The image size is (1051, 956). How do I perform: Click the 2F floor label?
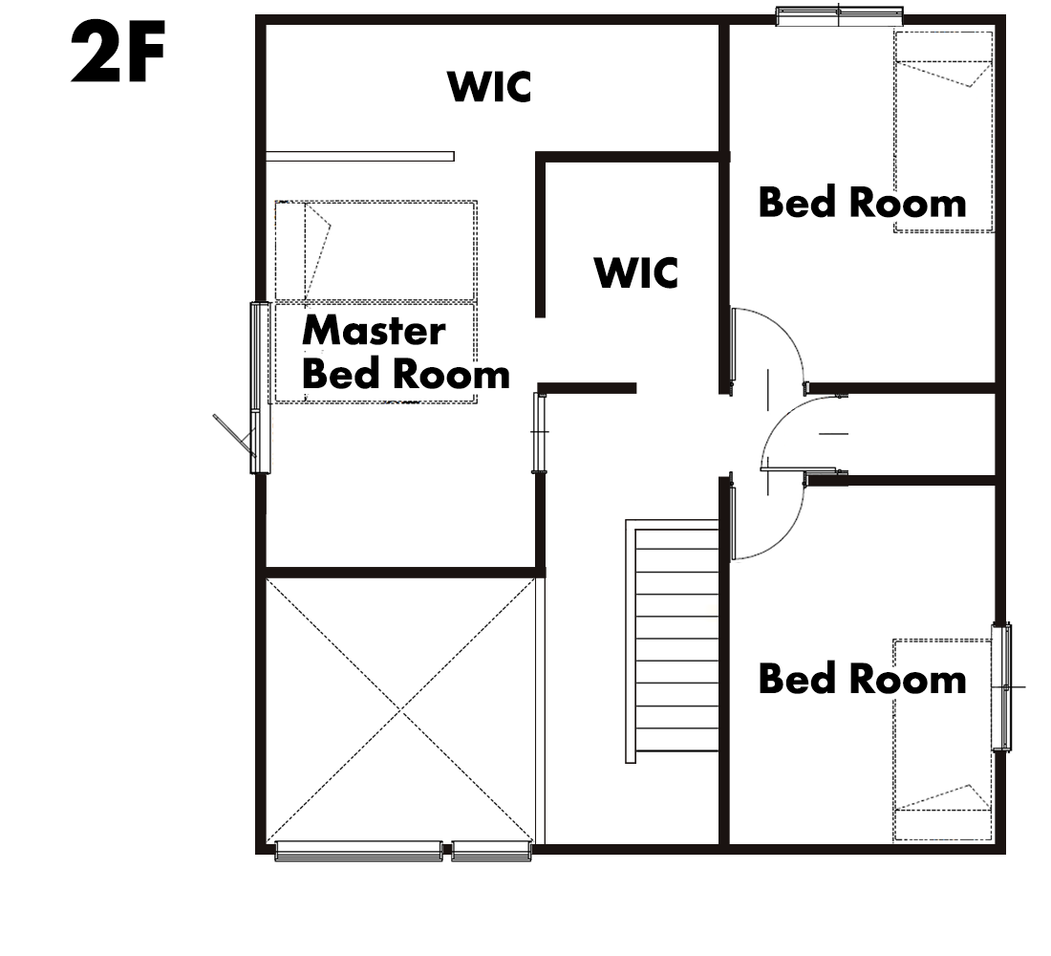118,53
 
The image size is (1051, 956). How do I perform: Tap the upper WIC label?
489,87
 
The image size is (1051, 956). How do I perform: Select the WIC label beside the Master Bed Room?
636,272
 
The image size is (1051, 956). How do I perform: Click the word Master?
374,330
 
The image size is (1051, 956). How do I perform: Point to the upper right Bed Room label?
862,202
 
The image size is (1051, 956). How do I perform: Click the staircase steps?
676,640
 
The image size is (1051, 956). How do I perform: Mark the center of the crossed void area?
400,709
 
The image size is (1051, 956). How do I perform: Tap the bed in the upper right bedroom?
943,132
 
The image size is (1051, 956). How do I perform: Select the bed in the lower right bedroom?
942,740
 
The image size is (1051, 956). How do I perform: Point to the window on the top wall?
839,15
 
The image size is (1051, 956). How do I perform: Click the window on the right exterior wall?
1001,687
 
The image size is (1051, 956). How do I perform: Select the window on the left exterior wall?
259,388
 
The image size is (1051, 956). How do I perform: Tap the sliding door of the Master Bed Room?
539,432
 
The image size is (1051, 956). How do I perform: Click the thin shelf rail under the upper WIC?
360,157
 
